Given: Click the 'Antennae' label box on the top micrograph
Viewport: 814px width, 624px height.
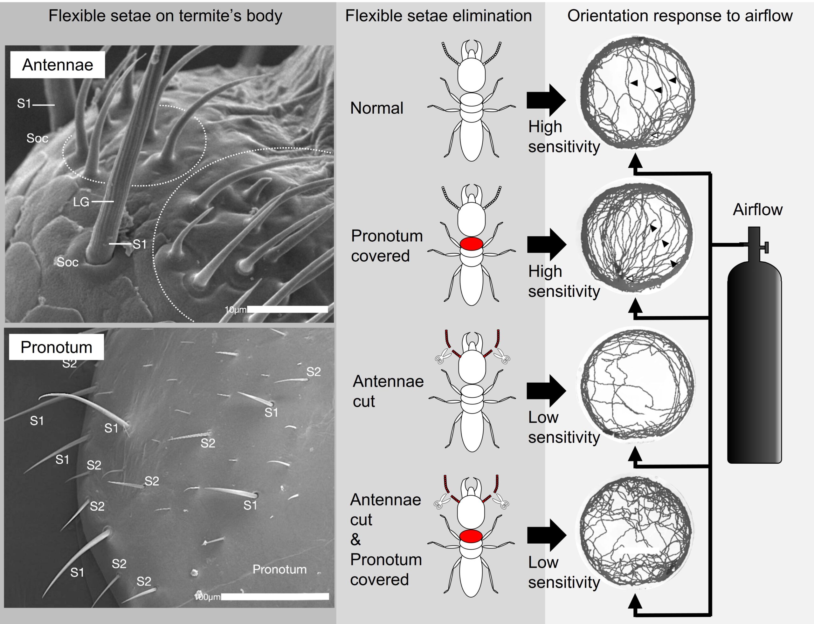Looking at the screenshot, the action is [57, 65].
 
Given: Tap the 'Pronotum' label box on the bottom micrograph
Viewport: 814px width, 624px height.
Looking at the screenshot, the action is [56, 347].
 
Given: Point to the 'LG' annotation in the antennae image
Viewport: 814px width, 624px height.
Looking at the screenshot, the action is [81, 202].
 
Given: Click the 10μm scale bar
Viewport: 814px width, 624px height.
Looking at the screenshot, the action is [287, 309].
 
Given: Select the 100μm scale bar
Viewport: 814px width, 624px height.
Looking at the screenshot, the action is [275, 596].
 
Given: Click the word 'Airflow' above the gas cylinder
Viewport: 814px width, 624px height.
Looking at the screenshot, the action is [757, 210].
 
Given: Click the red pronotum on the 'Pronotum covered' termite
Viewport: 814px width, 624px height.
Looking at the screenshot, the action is [471, 244].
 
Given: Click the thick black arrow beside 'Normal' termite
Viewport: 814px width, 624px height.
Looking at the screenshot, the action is [546, 100].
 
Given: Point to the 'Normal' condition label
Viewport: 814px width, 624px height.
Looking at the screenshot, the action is [377, 108].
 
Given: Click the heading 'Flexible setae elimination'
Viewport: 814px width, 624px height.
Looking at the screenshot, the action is [438, 16].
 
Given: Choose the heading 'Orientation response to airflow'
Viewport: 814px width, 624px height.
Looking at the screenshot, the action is [680, 16].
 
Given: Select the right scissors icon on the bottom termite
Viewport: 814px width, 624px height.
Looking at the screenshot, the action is [500, 502].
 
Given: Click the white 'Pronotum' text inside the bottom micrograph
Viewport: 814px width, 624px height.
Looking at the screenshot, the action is [279, 569].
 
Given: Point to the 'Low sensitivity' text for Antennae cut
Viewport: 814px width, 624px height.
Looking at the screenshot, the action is [564, 427].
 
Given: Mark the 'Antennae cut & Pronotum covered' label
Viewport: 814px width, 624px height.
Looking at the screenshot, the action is [386, 539].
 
